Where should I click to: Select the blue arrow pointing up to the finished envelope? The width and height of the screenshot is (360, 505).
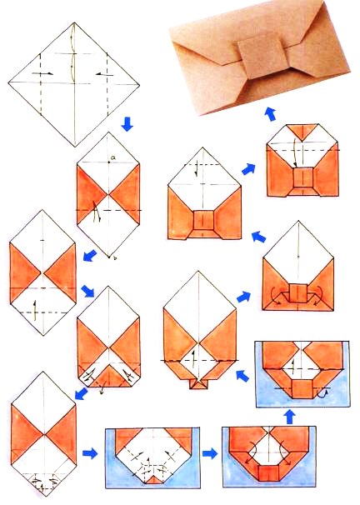point(268,113)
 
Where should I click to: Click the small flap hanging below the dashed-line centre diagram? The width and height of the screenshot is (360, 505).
point(197,383)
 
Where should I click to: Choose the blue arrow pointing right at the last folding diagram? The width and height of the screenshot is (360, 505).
point(247,169)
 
